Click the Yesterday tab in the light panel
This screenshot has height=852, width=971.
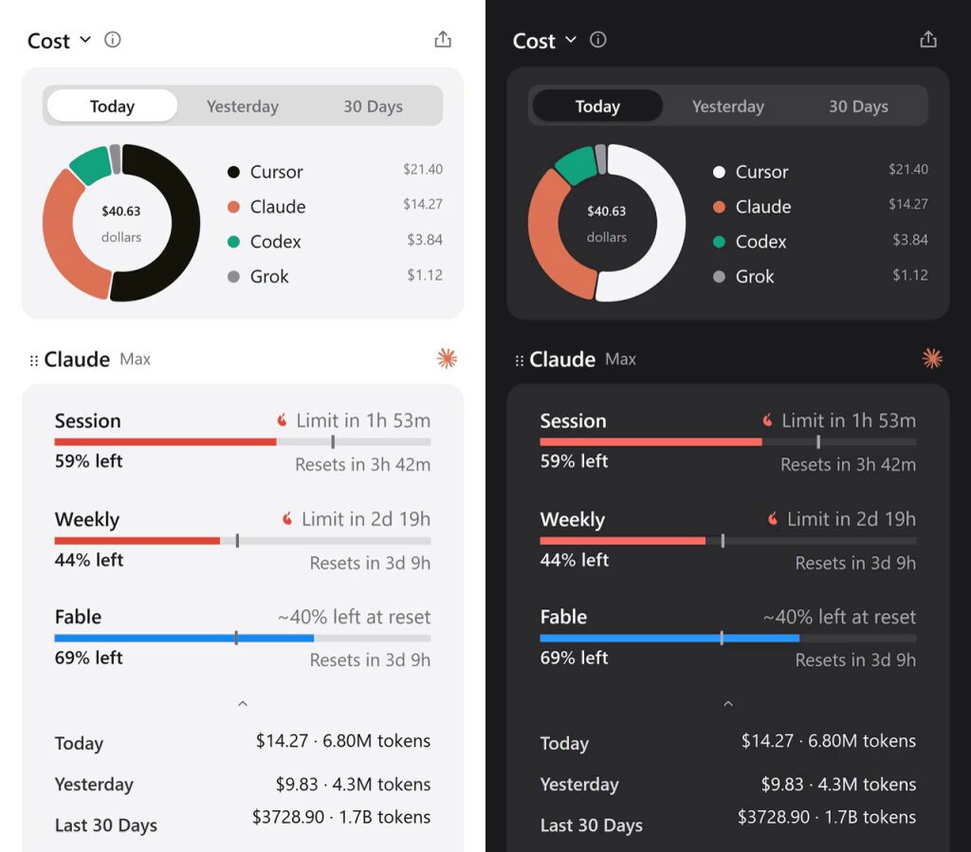point(242,106)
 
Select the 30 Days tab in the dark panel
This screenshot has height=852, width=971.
point(858,106)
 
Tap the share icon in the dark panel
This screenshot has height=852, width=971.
point(927,40)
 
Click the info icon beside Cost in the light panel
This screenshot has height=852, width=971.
point(112,40)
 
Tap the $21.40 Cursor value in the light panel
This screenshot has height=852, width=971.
point(422,169)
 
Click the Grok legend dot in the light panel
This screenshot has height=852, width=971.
point(233,276)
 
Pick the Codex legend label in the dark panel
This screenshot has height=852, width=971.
point(760,242)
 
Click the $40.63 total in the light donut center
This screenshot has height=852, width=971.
point(120,212)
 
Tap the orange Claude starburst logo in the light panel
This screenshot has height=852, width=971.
point(447,358)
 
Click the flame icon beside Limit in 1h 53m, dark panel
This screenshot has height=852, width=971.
point(767,420)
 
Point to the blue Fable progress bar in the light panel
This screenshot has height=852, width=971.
point(184,639)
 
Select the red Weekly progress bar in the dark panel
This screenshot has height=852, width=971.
point(622,541)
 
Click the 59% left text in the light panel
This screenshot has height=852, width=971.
point(88,461)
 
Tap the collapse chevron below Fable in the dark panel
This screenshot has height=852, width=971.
point(728,703)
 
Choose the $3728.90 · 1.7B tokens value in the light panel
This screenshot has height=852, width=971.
point(341,817)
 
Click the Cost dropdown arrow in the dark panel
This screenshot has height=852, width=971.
point(571,40)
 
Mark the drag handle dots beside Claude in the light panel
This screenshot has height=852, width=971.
point(33,361)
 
